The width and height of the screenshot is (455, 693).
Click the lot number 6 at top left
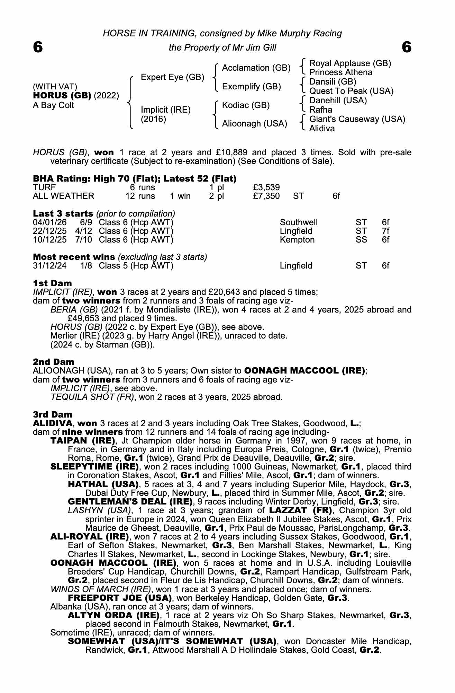click(38, 47)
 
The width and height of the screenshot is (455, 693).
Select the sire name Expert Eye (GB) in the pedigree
click(172, 77)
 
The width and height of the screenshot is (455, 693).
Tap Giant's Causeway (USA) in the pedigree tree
click(357, 119)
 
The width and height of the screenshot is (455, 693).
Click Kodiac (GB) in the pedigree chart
click(246, 105)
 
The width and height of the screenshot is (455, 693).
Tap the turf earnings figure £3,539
click(266, 187)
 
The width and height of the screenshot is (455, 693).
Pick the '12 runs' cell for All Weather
click(140, 196)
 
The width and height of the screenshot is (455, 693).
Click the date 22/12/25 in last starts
click(49, 231)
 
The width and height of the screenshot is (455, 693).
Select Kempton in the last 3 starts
click(297, 240)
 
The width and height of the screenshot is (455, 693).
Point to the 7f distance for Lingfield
click(385, 231)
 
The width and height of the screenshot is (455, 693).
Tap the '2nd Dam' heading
click(53, 362)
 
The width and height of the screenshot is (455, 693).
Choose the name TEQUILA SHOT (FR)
click(92, 397)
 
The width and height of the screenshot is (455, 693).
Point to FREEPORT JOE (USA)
click(120, 598)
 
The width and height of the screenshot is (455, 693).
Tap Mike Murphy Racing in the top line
click(299, 33)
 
